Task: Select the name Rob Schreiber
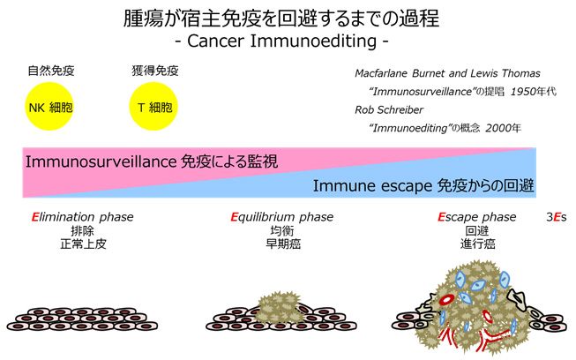pyautogui.click(x=389, y=110)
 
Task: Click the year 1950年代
pyautogui.click(x=501, y=93)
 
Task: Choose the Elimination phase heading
pyautogui.click(x=82, y=217)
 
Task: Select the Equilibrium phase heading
pyautogui.click(x=283, y=217)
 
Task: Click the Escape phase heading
pyautogui.click(x=477, y=217)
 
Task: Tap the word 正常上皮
pyautogui.click(x=82, y=244)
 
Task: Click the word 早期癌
pyautogui.click(x=283, y=244)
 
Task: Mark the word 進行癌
pyautogui.click(x=477, y=244)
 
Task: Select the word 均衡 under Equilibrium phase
pyautogui.click(x=283, y=231)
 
